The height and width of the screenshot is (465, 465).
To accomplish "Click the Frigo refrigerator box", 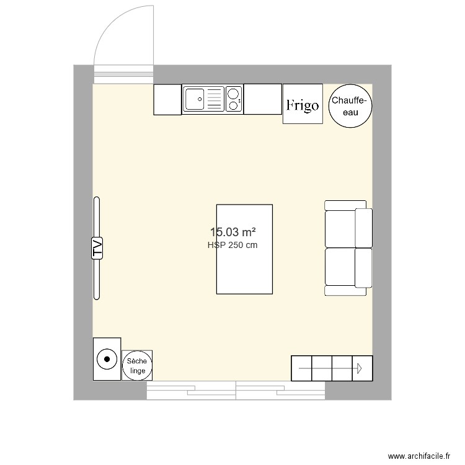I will [303, 104].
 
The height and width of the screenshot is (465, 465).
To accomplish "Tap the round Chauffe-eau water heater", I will [350, 105].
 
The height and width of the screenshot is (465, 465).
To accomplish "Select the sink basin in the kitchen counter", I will [195, 98].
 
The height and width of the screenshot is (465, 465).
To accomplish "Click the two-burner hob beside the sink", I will [234, 99].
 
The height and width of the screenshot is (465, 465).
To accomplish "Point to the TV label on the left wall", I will [97, 247].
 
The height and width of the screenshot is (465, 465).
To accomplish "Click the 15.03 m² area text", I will [232, 232].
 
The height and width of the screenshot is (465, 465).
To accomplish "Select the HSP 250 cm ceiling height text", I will [232, 246].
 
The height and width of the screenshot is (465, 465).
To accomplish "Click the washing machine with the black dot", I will [107, 359].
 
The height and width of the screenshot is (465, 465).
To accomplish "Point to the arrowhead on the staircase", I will [359, 369].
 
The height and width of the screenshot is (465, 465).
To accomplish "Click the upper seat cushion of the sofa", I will [340, 224].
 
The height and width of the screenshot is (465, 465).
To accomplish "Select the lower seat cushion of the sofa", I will [340, 267].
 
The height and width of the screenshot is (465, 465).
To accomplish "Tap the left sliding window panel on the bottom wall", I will [191, 390].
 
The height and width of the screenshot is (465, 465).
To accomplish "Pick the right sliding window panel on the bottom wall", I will [280, 390].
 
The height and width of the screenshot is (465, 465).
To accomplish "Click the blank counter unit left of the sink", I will [167, 99].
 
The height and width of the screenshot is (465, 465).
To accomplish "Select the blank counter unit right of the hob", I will [262, 99].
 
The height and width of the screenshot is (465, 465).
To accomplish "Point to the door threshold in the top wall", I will [123, 74].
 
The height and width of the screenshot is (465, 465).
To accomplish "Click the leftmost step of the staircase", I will [301, 368].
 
